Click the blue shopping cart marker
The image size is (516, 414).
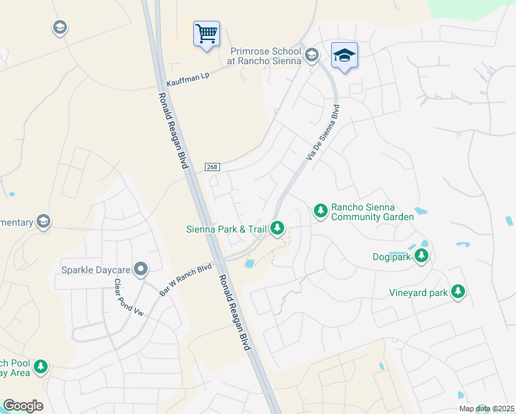pos(207,33)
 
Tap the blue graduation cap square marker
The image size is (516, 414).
pos(344,55)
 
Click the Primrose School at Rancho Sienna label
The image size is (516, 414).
pos(266,55)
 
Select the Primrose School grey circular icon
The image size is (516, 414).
pos(312,55)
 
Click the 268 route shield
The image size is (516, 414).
pos(212,167)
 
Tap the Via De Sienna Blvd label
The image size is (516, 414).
pos(323,133)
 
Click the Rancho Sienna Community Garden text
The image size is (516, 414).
pos(373,211)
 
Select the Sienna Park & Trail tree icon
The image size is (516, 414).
pos(277,227)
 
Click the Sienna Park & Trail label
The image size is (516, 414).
pos(226,228)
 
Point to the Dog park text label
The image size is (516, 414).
pos(391,257)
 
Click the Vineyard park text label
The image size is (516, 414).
pos(419,293)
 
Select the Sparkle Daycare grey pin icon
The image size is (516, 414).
pos(141,269)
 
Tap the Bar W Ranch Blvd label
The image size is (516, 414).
pos(186,279)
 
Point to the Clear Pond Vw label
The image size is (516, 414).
pos(128,297)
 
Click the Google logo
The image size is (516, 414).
pos(23,405)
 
